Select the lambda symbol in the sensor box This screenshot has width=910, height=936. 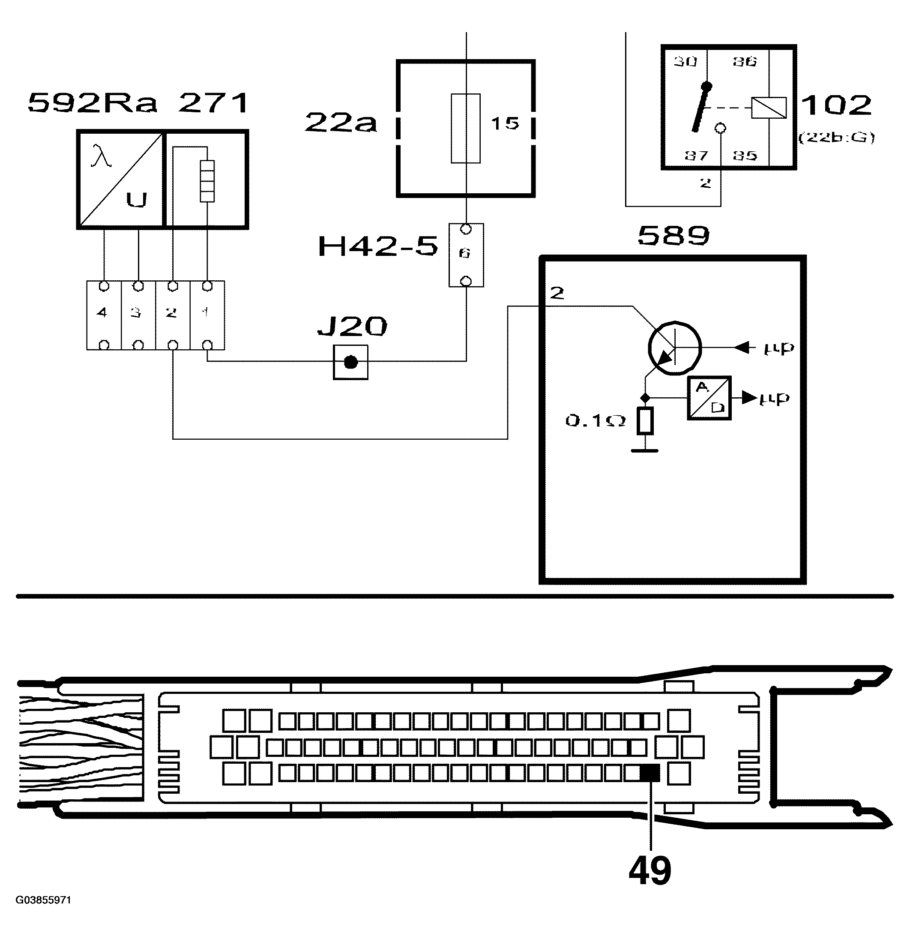click(x=101, y=157)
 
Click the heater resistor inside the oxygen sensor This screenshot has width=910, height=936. click(x=207, y=181)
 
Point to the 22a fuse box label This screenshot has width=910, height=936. click(x=340, y=123)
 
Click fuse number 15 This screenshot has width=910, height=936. click(x=505, y=123)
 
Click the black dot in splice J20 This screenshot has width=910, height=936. click(x=350, y=362)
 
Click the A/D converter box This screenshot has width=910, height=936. click(x=709, y=398)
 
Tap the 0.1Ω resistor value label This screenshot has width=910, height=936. click(x=595, y=421)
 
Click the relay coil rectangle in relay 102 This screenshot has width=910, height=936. click(x=768, y=108)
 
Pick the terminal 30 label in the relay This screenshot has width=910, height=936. click(x=685, y=62)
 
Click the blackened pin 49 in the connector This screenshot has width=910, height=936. click(x=650, y=774)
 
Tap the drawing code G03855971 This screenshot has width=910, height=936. click(x=44, y=900)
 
